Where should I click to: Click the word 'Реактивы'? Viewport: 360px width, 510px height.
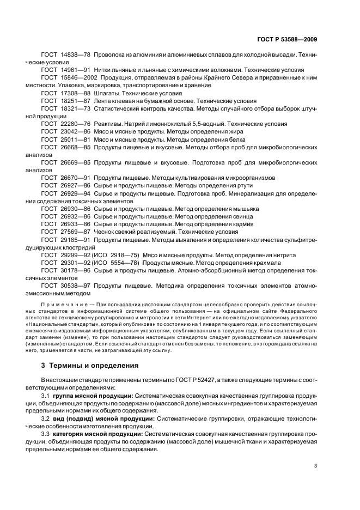click(108, 124)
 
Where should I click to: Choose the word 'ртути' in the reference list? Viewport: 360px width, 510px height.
click(235, 185)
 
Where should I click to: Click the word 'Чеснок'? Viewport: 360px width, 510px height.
click(105, 232)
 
